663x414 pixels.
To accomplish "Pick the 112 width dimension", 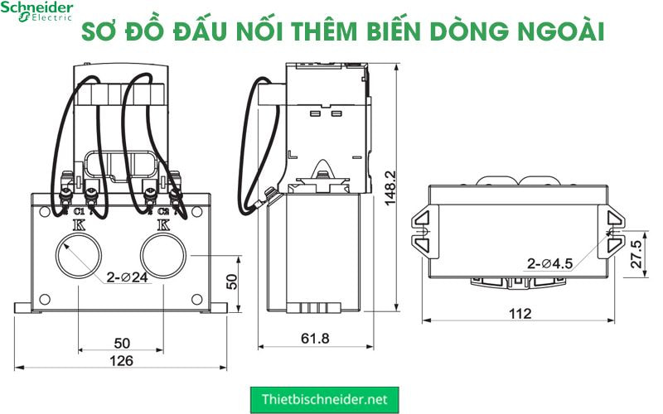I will click(520, 314).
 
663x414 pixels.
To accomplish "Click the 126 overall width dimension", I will click(122, 361).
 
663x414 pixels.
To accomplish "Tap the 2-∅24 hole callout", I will click(128, 277).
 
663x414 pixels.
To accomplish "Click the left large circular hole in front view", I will click(78, 255).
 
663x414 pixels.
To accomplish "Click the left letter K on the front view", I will click(79, 224).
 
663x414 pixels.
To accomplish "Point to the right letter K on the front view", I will click(163, 224).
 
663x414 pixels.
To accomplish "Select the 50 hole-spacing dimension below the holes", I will click(122, 343).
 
